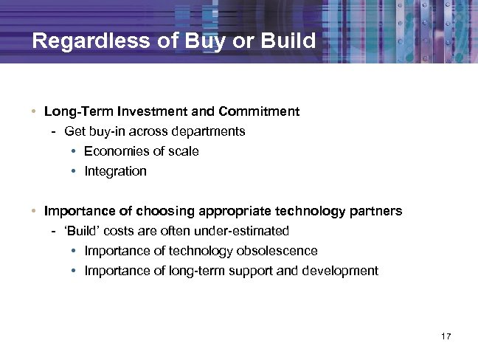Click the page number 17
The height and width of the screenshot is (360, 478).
[445, 336]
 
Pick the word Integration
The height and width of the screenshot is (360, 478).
[115, 171]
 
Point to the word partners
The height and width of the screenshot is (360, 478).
[375, 211]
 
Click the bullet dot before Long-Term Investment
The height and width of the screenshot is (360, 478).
[35, 112]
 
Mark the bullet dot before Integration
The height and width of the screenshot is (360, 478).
[75, 171]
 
